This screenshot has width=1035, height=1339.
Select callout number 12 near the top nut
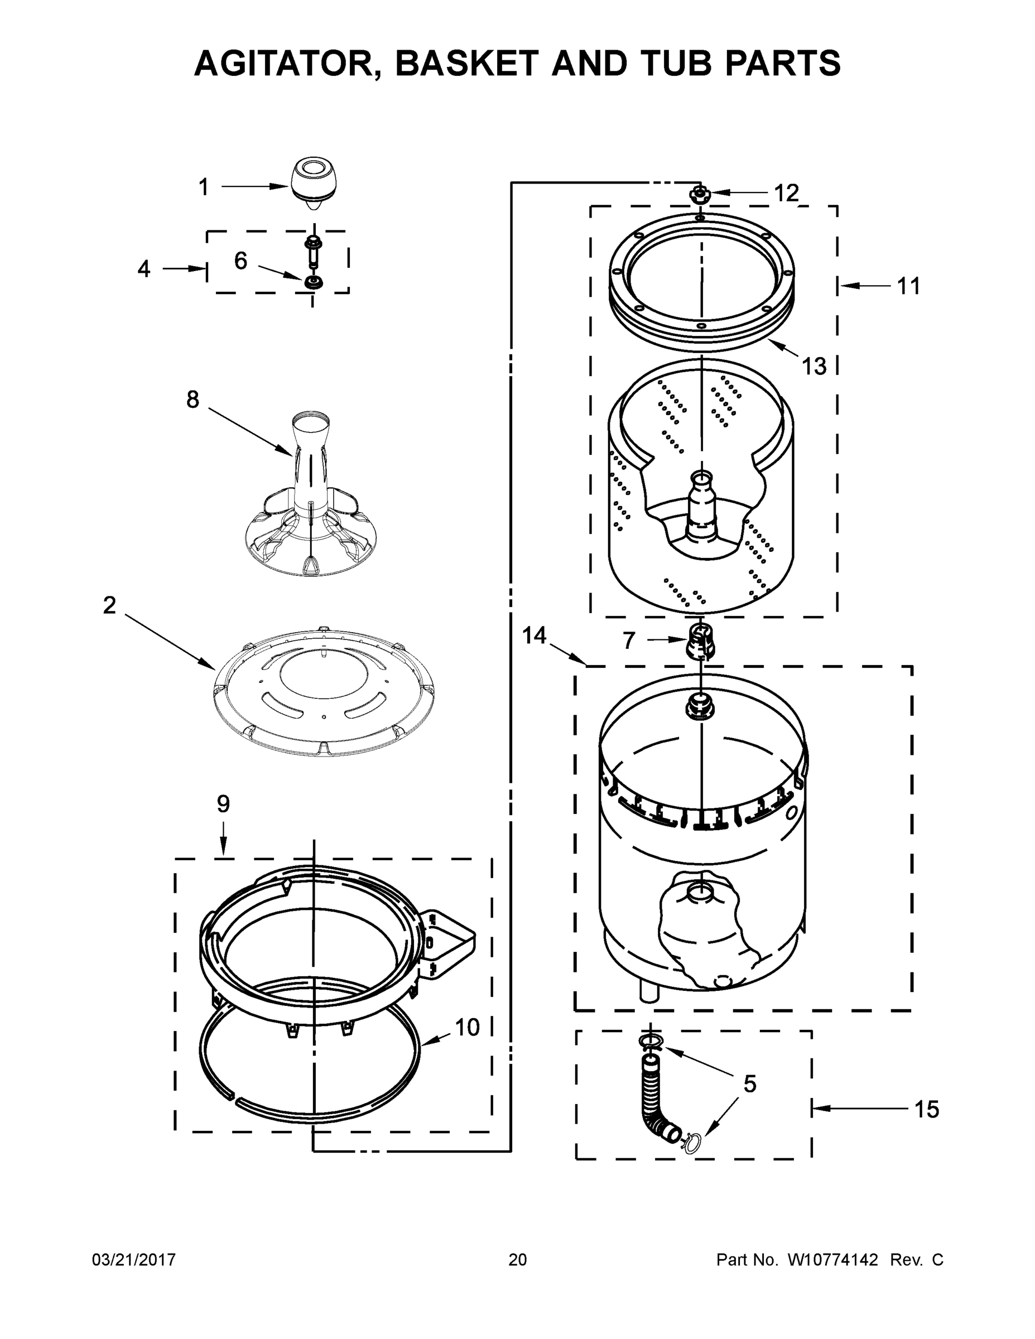(x=786, y=193)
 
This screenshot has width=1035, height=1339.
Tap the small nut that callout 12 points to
(x=699, y=195)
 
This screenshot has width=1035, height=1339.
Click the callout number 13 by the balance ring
(x=814, y=367)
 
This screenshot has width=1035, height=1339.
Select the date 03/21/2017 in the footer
(x=134, y=1260)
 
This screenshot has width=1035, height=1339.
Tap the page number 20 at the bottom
(x=518, y=1260)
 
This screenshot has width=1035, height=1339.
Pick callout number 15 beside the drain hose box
(x=926, y=1109)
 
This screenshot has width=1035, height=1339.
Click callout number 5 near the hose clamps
(x=749, y=1084)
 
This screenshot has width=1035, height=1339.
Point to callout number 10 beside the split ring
(x=466, y=1028)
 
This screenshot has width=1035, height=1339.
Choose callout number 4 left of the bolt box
(x=143, y=268)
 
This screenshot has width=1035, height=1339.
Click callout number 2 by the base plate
(x=109, y=606)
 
